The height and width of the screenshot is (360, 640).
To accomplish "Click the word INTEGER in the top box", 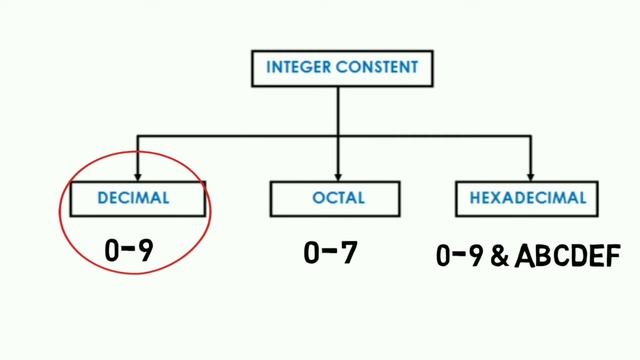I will pyautogui.click(x=296, y=69).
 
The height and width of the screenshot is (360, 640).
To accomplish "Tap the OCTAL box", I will pyautogui.click(x=338, y=198).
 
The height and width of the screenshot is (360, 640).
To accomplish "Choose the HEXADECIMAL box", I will pyautogui.click(x=527, y=198).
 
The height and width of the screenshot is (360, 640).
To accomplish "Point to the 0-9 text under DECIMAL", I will pyautogui.click(x=129, y=251).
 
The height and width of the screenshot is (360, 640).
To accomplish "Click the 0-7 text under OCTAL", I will pyautogui.click(x=330, y=253).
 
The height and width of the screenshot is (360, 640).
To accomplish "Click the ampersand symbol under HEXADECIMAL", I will pyautogui.click(x=496, y=257).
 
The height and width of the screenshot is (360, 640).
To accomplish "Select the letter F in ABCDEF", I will pyautogui.click(x=609, y=257).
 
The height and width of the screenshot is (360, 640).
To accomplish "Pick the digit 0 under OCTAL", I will pyautogui.click(x=312, y=253).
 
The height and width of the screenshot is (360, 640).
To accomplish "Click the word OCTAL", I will pyautogui.click(x=338, y=198).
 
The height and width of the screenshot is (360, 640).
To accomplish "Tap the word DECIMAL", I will pyautogui.click(x=134, y=198).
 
